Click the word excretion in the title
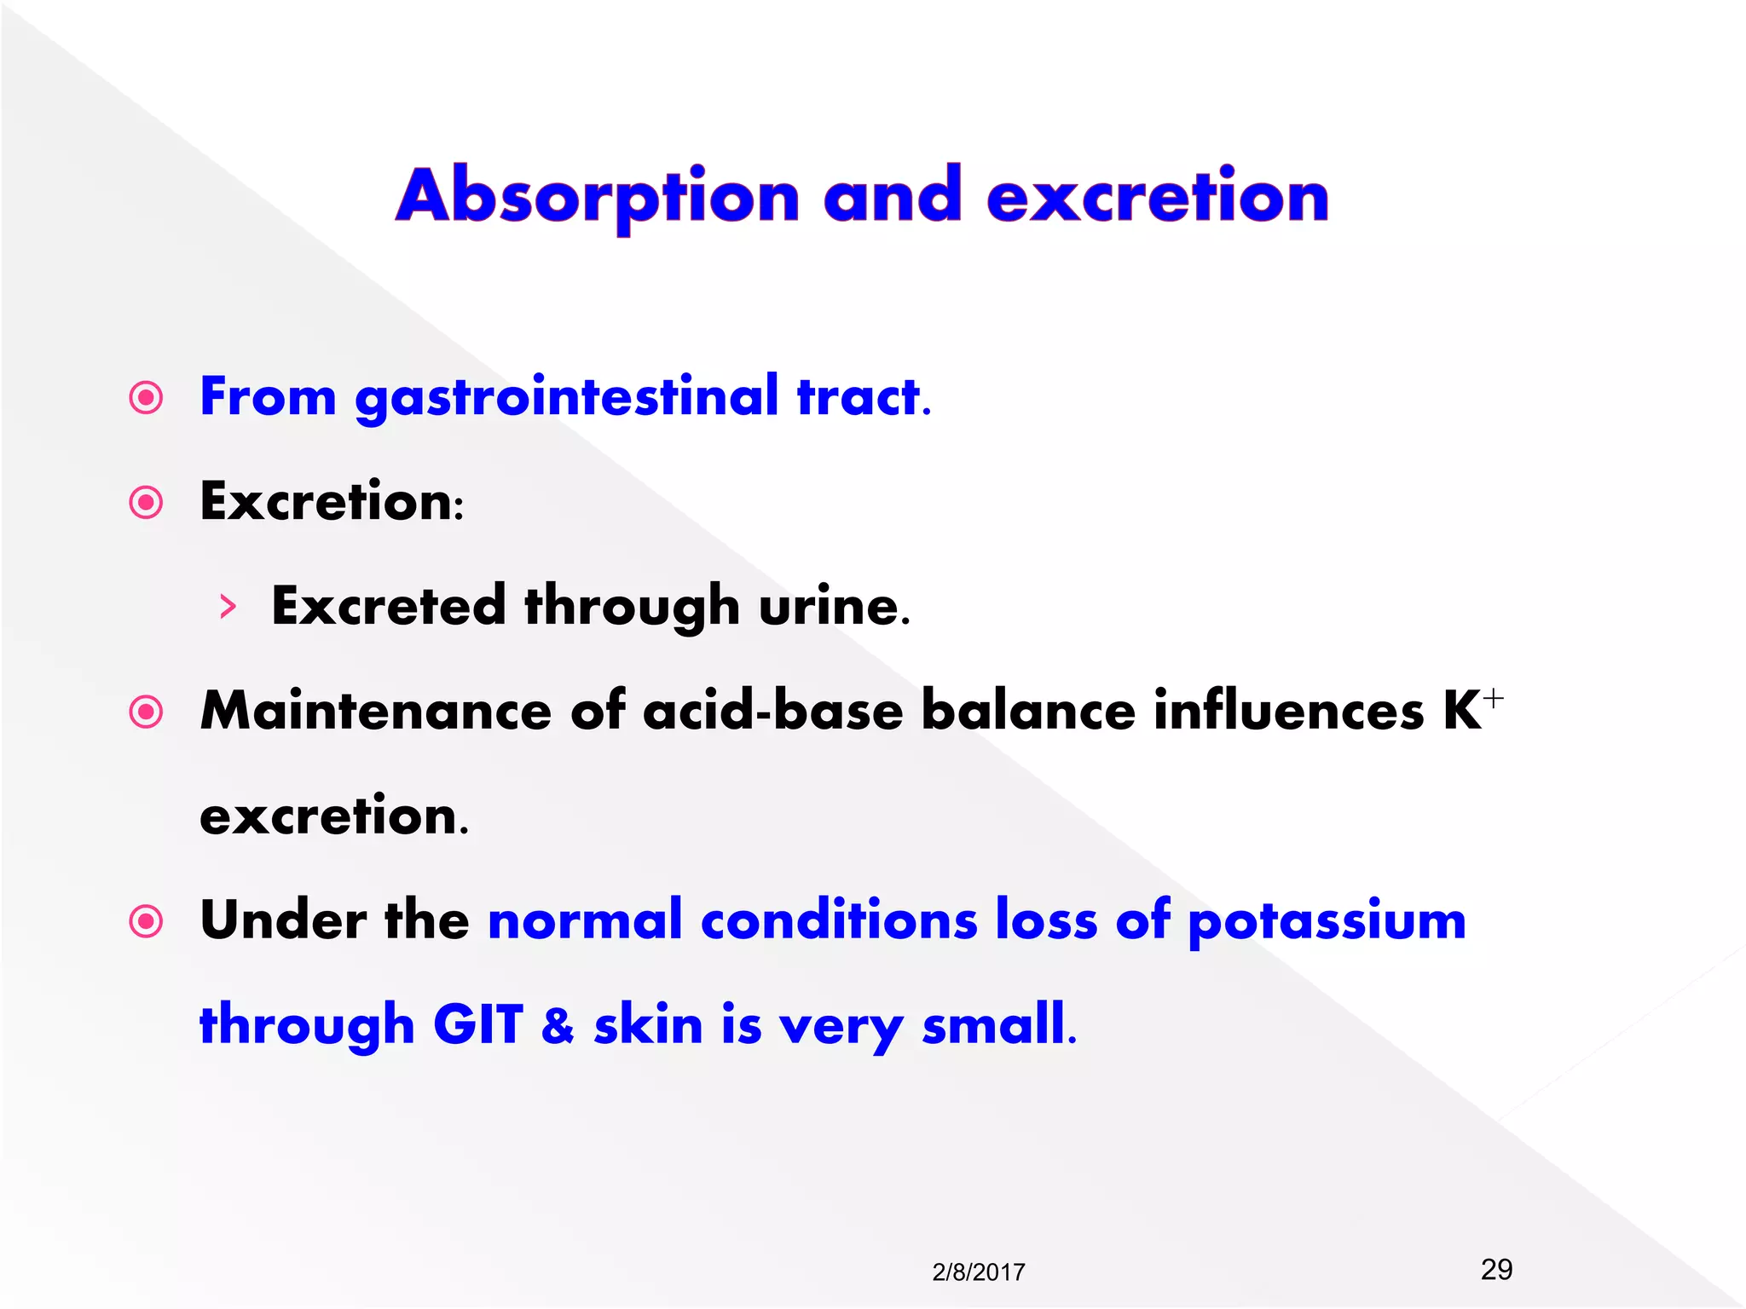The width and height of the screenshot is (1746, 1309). [1158, 198]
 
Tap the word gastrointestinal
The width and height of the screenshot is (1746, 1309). [567, 398]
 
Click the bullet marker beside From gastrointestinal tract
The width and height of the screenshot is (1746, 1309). [146, 398]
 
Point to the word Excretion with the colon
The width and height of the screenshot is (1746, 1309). [331, 502]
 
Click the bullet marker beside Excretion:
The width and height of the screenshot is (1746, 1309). [146, 503]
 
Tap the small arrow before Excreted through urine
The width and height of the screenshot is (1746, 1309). [227, 607]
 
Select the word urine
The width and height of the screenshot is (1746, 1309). [833, 608]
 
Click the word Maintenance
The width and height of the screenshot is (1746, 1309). [376, 712]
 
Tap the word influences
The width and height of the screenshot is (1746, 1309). [1288, 712]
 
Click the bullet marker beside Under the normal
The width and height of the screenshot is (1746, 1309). [146, 921]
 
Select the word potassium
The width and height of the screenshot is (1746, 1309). [1327, 922]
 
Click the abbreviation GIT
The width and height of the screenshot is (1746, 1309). [477, 1025]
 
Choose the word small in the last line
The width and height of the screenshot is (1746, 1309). [997, 1025]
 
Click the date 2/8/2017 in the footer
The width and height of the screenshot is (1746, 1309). [978, 1272]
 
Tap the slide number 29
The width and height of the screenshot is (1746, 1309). [1496, 1269]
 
